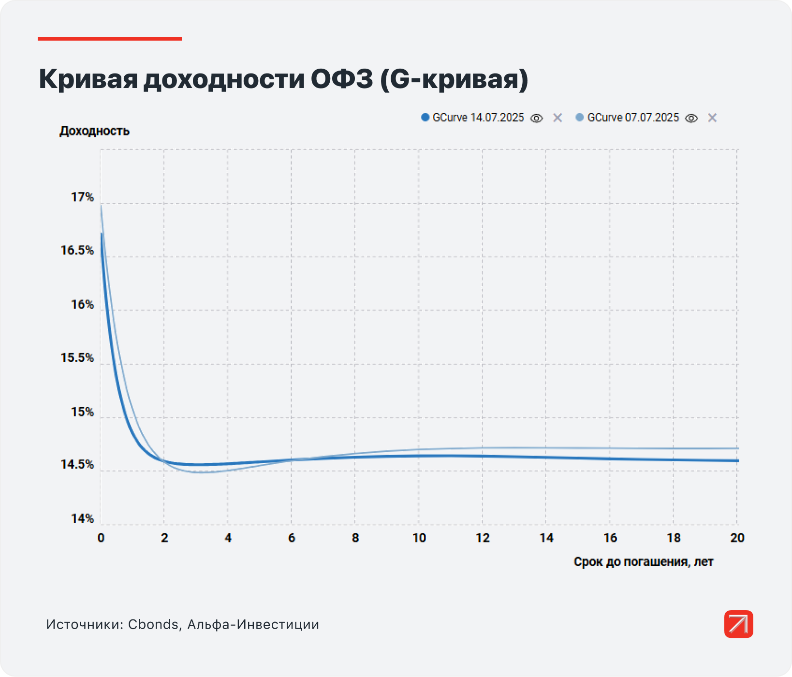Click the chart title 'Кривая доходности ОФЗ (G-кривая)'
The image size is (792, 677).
click(x=283, y=79)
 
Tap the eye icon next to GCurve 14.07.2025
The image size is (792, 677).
click(x=537, y=118)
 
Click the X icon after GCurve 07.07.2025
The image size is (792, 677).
click(x=712, y=118)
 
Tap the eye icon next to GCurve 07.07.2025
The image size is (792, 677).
click(x=691, y=118)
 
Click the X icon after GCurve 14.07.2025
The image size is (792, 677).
click(x=557, y=118)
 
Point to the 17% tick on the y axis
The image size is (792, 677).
click(x=82, y=197)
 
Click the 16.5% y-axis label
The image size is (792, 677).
click(x=77, y=250)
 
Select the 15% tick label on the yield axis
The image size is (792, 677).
click(x=82, y=412)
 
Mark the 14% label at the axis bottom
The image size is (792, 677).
click(x=82, y=519)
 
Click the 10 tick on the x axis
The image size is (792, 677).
click(x=419, y=538)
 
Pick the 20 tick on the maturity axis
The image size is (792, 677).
click(x=737, y=538)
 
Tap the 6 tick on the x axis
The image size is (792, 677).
click(x=292, y=538)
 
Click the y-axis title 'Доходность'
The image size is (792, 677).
click(x=95, y=131)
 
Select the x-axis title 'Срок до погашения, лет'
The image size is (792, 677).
click(x=644, y=562)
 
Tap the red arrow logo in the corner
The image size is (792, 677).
click(x=738, y=624)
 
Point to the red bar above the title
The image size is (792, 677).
click(x=110, y=39)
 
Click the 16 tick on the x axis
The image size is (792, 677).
click(x=610, y=538)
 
